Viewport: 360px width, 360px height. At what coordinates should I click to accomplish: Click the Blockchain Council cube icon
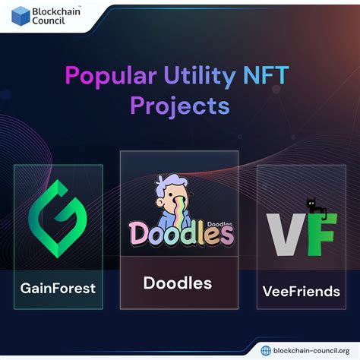[x=20, y=15]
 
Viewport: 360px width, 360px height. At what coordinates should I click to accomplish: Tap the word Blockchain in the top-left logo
[x=58, y=10]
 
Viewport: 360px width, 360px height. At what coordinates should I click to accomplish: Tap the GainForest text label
[x=58, y=289]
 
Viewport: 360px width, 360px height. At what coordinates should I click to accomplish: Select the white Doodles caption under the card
[x=178, y=283]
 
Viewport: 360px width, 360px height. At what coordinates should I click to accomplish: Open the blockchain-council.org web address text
[x=310, y=349]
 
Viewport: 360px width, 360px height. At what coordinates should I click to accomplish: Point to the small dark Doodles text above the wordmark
[x=221, y=215]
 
